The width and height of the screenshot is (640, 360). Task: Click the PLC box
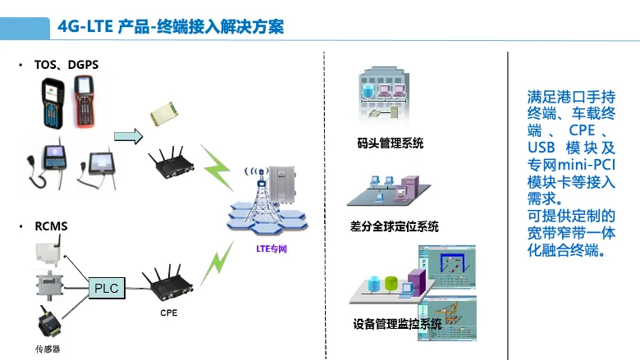coord(107,288)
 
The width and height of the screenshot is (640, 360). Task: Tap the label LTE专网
coord(272,248)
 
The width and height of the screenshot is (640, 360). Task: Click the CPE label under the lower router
coord(169,312)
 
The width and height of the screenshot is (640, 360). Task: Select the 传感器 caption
coord(48,349)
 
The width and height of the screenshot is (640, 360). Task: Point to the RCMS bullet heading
coord(51,226)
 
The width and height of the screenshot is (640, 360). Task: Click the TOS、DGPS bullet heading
coord(66,65)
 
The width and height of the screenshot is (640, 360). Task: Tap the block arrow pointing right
coord(129,136)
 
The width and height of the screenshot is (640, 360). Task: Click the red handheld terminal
coord(85,102)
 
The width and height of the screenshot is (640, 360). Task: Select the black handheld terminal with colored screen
coord(53,103)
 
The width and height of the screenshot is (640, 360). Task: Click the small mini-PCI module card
coord(164,114)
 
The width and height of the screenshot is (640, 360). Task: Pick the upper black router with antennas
coord(171,162)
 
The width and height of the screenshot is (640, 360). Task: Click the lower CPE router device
coord(167,284)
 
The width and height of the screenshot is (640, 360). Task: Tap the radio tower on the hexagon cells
coord(260,195)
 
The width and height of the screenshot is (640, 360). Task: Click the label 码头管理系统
coord(391,144)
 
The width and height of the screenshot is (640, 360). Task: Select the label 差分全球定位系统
coord(395,226)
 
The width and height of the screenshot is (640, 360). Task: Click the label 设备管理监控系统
coord(397,324)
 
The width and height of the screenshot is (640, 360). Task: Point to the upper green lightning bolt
coord(217,167)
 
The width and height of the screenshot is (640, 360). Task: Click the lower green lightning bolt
coord(217,263)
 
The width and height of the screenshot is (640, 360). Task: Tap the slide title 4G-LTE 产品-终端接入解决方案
coord(171,27)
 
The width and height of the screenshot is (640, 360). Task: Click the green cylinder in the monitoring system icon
coord(391,284)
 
